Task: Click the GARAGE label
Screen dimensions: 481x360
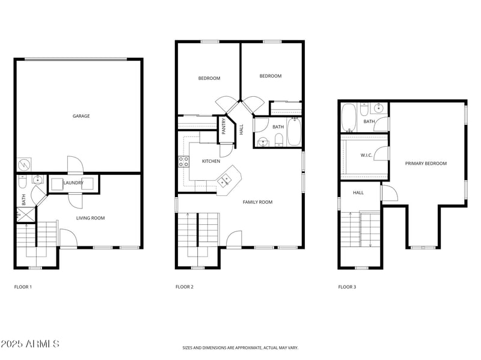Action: pos(81,116)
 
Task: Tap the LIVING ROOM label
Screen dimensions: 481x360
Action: pos(91,218)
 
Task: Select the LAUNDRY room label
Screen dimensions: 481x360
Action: pos(73,183)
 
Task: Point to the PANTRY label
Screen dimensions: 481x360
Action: pos(224,126)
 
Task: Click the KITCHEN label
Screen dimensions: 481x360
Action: pos(211,161)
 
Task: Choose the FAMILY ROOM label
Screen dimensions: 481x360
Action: pos(258,202)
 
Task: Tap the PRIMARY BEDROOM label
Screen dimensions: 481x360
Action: pos(426,163)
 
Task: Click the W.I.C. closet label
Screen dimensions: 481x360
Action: pos(366,155)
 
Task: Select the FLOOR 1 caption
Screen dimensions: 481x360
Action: pos(23,287)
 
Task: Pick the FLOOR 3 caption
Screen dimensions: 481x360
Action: pos(348,287)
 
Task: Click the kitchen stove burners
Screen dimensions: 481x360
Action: pos(184,162)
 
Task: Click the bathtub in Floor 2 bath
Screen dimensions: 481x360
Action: pos(293,132)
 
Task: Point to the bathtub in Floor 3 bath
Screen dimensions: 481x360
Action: pos(349,117)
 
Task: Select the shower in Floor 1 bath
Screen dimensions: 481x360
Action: pos(26,215)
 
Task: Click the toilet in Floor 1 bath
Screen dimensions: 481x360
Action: pos(23,182)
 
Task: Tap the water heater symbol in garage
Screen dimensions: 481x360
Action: pos(24,165)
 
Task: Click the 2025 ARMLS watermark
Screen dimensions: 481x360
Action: pos(29,343)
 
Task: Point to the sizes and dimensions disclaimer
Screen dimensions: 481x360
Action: pos(240,348)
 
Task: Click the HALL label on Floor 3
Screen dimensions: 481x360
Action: pos(358,192)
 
